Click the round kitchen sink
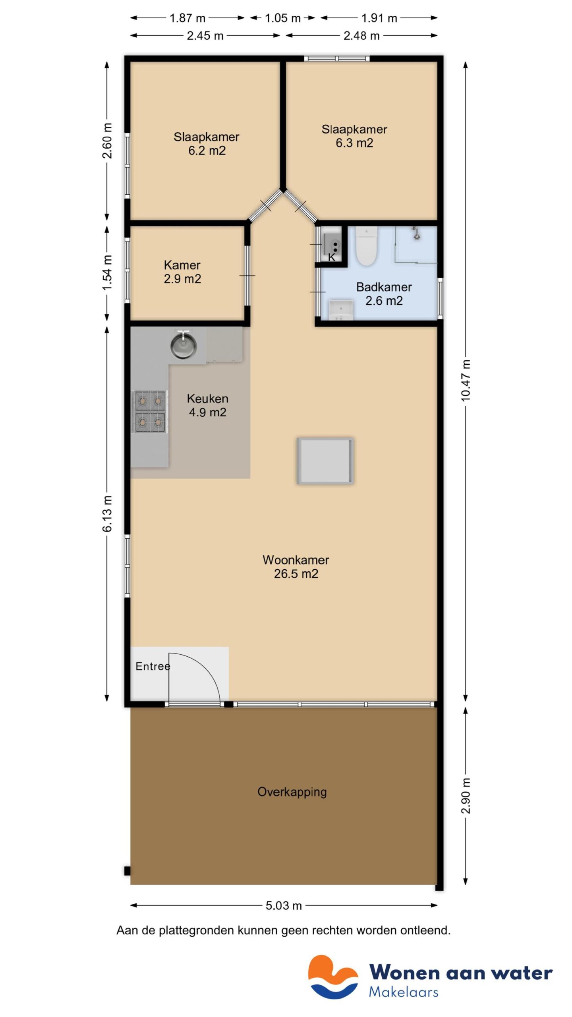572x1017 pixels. pyautogui.click(x=183, y=346)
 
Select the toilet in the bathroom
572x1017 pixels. pyautogui.click(x=366, y=246)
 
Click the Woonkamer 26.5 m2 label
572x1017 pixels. pyautogui.click(x=296, y=567)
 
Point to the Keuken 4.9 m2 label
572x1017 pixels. pyautogui.click(x=207, y=405)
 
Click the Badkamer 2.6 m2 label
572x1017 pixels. pyautogui.click(x=384, y=294)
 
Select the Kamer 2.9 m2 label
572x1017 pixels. pyautogui.click(x=182, y=272)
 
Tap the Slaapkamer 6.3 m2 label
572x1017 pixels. pyautogui.click(x=354, y=136)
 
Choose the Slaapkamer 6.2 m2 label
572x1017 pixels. pyautogui.click(x=207, y=143)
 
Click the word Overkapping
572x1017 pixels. pyautogui.click(x=292, y=792)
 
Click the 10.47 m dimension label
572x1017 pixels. pyautogui.click(x=466, y=381)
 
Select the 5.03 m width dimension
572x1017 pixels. pyautogui.click(x=284, y=905)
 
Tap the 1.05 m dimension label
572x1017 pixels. pyautogui.click(x=282, y=18)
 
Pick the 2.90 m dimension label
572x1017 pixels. pyautogui.click(x=466, y=796)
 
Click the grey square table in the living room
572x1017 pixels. pyautogui.click(x=325, y=461)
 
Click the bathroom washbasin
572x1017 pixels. pyautogui.click(x=341, y=310)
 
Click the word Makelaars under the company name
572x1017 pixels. pyautogui.click(x=403, y=992)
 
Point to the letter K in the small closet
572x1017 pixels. pyautogui.click(x=332, y=257)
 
